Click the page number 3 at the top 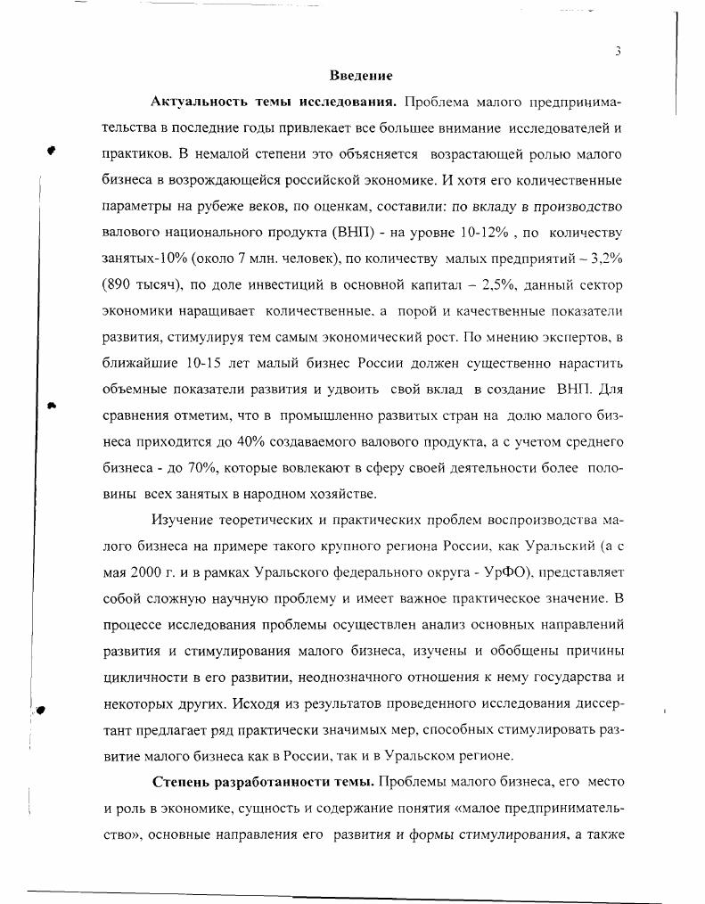tap(617, 51)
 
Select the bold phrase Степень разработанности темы tap(264, 782)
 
